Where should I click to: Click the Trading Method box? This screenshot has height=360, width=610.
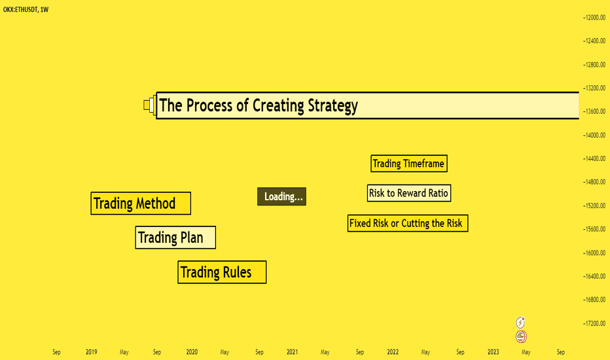pos(141,203)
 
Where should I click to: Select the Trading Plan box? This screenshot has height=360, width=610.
pos(175,238)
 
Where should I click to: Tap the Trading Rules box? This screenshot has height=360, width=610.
pos(222,272)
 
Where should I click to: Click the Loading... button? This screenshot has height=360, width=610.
pos(281,196)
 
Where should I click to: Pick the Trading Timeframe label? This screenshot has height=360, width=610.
pos(409,164)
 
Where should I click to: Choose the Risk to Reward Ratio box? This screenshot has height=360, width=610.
pos(409,193)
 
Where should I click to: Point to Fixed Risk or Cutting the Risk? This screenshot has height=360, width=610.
pos(408,223)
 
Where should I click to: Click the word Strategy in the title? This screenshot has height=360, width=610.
pos(332,105)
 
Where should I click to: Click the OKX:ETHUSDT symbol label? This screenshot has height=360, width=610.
pos(20,9)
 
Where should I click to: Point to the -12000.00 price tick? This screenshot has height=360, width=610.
pos(594,18)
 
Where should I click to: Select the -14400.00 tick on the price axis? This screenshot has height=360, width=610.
pos(594,158)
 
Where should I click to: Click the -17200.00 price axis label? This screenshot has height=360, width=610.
pos(594,323)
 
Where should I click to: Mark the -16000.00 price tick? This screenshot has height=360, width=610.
pos(594,253)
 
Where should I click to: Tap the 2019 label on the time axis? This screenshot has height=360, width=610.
pos(92,352)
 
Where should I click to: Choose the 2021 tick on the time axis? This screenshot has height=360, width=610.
pos(292,352)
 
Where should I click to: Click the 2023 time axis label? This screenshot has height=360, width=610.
pos(493,352)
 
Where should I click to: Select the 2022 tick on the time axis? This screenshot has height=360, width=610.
pos(393,352)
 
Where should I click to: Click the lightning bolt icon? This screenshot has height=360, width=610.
pos(520,322)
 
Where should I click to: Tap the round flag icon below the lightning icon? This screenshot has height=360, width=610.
pos(521,336)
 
